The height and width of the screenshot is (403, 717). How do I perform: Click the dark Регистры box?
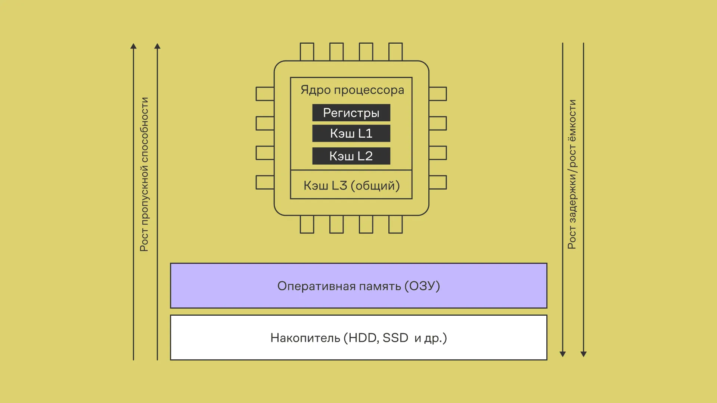click(x=351, y=113)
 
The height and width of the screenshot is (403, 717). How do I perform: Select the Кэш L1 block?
click(x=351, y=134)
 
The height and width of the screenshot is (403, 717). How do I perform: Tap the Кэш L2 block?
click(x=351, y=156)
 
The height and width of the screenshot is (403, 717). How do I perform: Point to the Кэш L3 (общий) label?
click(x=351, y=185)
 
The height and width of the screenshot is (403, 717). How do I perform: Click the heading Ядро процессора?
click(x=352, y=90)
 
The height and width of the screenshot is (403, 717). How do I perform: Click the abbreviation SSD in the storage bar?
click(x=395, y=338)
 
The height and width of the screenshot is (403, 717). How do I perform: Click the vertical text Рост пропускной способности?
click(x=144, y=174)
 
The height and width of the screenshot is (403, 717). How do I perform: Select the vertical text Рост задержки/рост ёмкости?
click(x=572, y=174)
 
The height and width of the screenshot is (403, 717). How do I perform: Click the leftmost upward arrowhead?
click(x=133, y=46)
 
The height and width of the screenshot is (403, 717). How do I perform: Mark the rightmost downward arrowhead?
click(x=584, y=354)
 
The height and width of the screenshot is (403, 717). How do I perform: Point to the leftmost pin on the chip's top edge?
click(x=307, y=52)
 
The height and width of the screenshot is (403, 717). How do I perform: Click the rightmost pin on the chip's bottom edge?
click(x=395, y=225)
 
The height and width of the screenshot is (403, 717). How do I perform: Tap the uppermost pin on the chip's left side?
click(x=265, y=94)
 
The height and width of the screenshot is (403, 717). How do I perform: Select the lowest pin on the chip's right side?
click(x=438, y=182)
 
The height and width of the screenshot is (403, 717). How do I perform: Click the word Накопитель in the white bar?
click(x=305, y=338)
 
